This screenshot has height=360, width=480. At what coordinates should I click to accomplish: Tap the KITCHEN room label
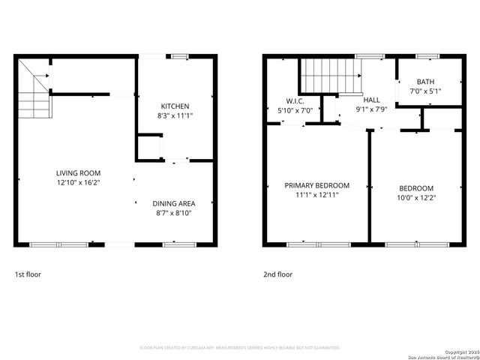click(175, 106)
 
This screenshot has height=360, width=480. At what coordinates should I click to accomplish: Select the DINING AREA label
click(173, 203)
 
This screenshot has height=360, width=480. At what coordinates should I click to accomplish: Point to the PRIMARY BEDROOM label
click(316, 185)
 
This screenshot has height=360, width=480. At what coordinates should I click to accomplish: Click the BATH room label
click(425, 82)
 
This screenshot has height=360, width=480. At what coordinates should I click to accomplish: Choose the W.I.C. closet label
click(294, 101)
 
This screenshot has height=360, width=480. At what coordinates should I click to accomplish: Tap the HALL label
click(371, 100)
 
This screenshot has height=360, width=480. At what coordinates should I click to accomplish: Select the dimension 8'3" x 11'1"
click(175, 115)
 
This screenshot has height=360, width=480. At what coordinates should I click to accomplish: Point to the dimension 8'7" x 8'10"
click(173, 213)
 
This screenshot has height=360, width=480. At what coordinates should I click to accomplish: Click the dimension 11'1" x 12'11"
click(316, 195)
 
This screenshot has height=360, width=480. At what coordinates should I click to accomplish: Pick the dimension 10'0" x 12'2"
click(415, 197)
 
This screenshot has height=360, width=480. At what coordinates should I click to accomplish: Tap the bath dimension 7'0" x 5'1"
click(425, 91)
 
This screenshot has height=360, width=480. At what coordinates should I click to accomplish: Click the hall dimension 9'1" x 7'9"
click(371, 109)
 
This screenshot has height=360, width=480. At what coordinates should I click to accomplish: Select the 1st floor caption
click(28, 274)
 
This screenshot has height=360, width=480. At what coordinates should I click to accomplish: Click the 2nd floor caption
click(277, 274)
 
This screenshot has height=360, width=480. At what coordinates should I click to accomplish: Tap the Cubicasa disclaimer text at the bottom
click(240, 348)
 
